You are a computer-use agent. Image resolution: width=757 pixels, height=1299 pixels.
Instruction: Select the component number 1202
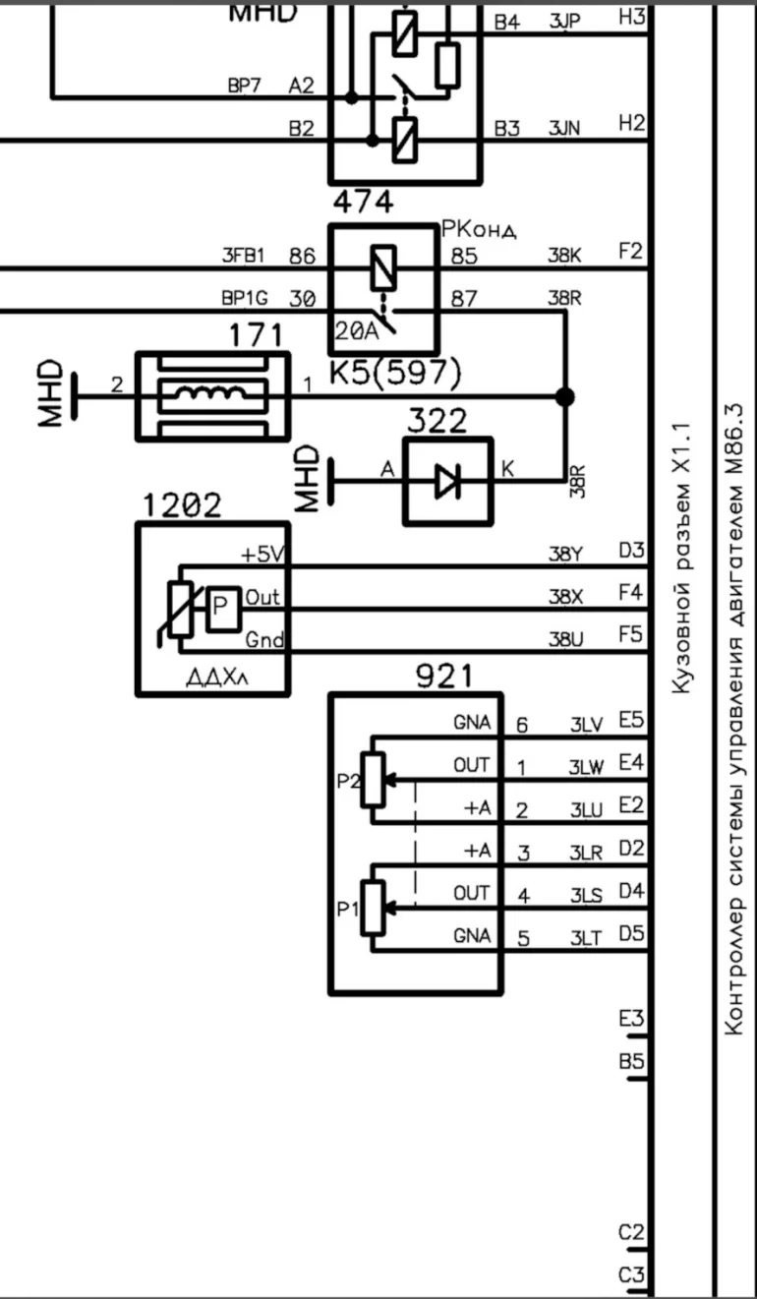(x=182, y=505)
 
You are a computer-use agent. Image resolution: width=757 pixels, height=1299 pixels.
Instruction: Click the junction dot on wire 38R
(x=565, y=397)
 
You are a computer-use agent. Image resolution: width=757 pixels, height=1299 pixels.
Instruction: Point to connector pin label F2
(x=630, y=253)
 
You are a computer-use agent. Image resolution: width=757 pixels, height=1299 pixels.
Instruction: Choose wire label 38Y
(x=565, y=554)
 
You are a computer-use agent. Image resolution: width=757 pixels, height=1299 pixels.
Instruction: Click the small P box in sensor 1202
(x=222, y=611)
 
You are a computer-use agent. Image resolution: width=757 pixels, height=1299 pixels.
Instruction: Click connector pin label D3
(x=631, y=551)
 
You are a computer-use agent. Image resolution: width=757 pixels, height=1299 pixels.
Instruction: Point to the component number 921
(x=444, y=676)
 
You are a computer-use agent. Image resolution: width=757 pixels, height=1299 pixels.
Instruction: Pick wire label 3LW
(x=586, y=767)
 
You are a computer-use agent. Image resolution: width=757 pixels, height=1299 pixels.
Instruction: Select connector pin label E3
(x=631, y=1019)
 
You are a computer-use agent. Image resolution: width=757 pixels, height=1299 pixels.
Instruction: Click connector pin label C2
(x=631, y=1232)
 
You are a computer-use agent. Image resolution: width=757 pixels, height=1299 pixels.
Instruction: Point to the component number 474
(x=364, y=204)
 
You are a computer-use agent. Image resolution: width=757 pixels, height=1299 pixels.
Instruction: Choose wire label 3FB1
(x=244, y=257)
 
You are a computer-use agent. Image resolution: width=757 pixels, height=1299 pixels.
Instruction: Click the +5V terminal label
(x=262, y=556)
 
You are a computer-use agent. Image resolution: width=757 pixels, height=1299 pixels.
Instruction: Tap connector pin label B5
(x=631, y=1062)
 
